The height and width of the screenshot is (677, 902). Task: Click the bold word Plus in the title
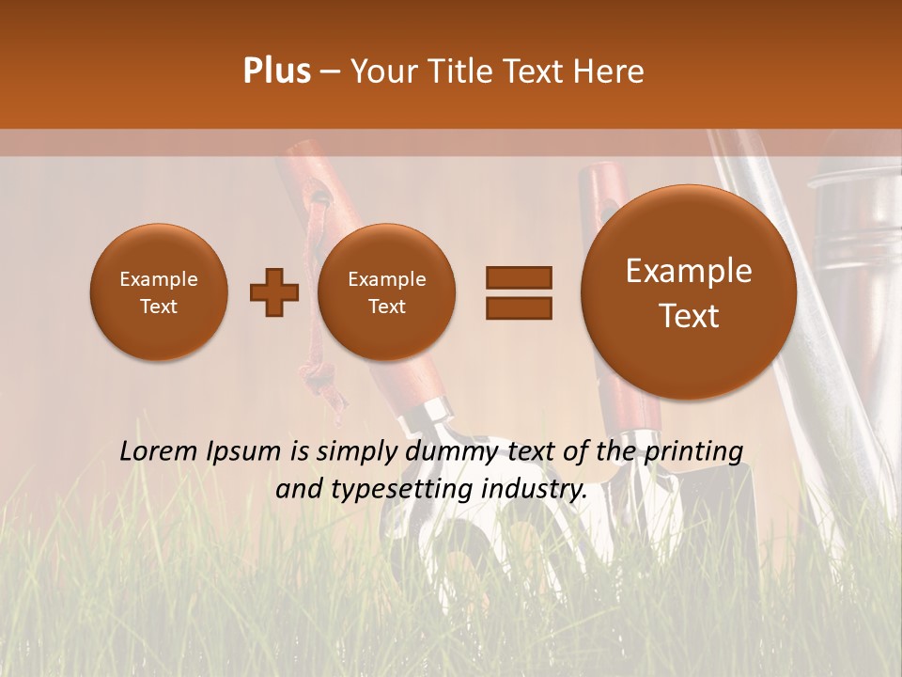(x=276, y=71)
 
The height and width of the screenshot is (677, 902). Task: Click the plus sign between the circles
(x=274, y=292)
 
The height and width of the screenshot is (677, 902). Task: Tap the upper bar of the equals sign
(x=518, y=276)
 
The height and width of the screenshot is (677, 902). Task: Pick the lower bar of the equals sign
(x=518, y=307)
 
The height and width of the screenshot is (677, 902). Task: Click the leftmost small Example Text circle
(x=159, y=292)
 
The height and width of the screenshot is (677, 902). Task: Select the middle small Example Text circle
(x=387, y=292)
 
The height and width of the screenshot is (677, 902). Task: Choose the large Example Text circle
(x=689, y=292)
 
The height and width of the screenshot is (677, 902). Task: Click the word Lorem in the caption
(x=161, y=451)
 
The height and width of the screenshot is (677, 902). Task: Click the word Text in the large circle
(x=689, y=316)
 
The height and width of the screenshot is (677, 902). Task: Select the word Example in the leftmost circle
(x=159, y=279)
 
